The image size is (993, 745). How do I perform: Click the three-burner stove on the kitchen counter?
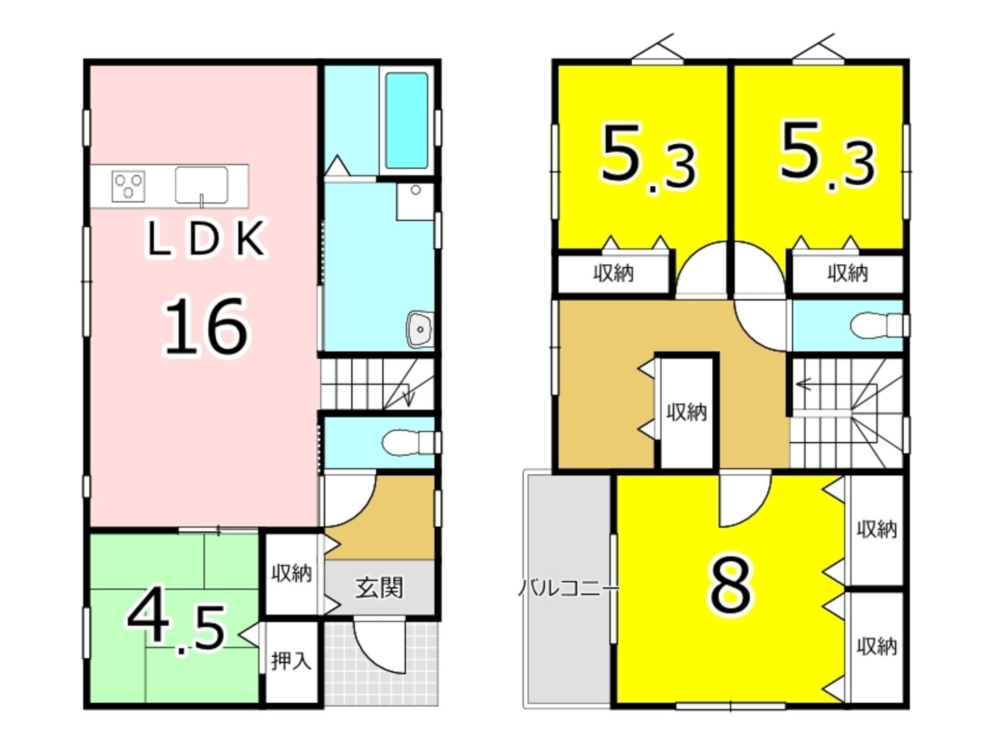pos(128,186)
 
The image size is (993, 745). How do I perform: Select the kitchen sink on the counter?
pos(202,185)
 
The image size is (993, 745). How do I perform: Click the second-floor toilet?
pos(878,324)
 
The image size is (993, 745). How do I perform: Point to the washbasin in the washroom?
pos(420,329)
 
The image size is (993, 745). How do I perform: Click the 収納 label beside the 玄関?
pos(291,574)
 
